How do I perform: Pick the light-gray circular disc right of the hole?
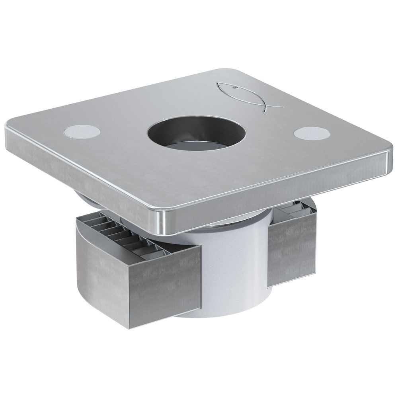[311, 133]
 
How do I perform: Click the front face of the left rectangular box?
[167, 287]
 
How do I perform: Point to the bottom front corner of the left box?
[130, 328]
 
